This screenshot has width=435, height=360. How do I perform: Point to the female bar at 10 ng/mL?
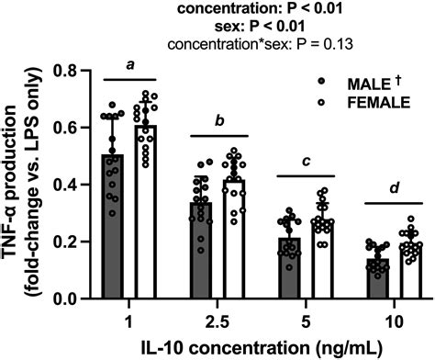409,271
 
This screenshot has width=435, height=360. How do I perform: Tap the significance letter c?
306,162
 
